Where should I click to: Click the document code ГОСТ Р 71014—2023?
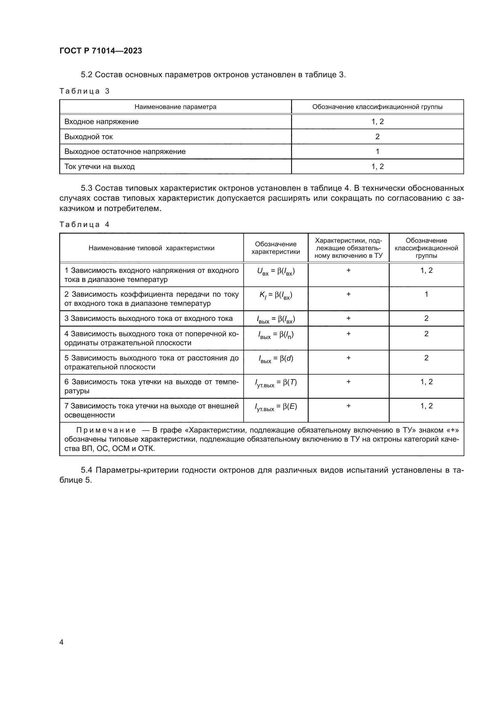(x=101, y=51)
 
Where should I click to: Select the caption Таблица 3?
(x=84, y=91)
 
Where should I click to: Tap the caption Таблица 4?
(x=84, y=225)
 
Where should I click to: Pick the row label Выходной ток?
(x=88, y=136)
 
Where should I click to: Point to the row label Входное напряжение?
(x=101, y=121)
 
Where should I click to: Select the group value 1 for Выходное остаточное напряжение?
(x=377, y=151)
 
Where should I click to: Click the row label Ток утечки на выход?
(x=99, y=166)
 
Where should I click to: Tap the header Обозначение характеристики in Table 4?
(x=276, y=248)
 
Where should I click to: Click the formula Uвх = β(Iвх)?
(x=276, y=272)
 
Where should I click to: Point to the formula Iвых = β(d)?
(x=276, y=359)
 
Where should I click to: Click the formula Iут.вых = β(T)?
(x=276, y=383)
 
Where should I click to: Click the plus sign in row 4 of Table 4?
(x=348, y=334)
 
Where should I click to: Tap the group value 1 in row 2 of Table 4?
(x=426, y=294)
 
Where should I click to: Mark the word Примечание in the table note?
(x=106, y=430)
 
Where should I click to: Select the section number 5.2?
(x=86, y=75)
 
